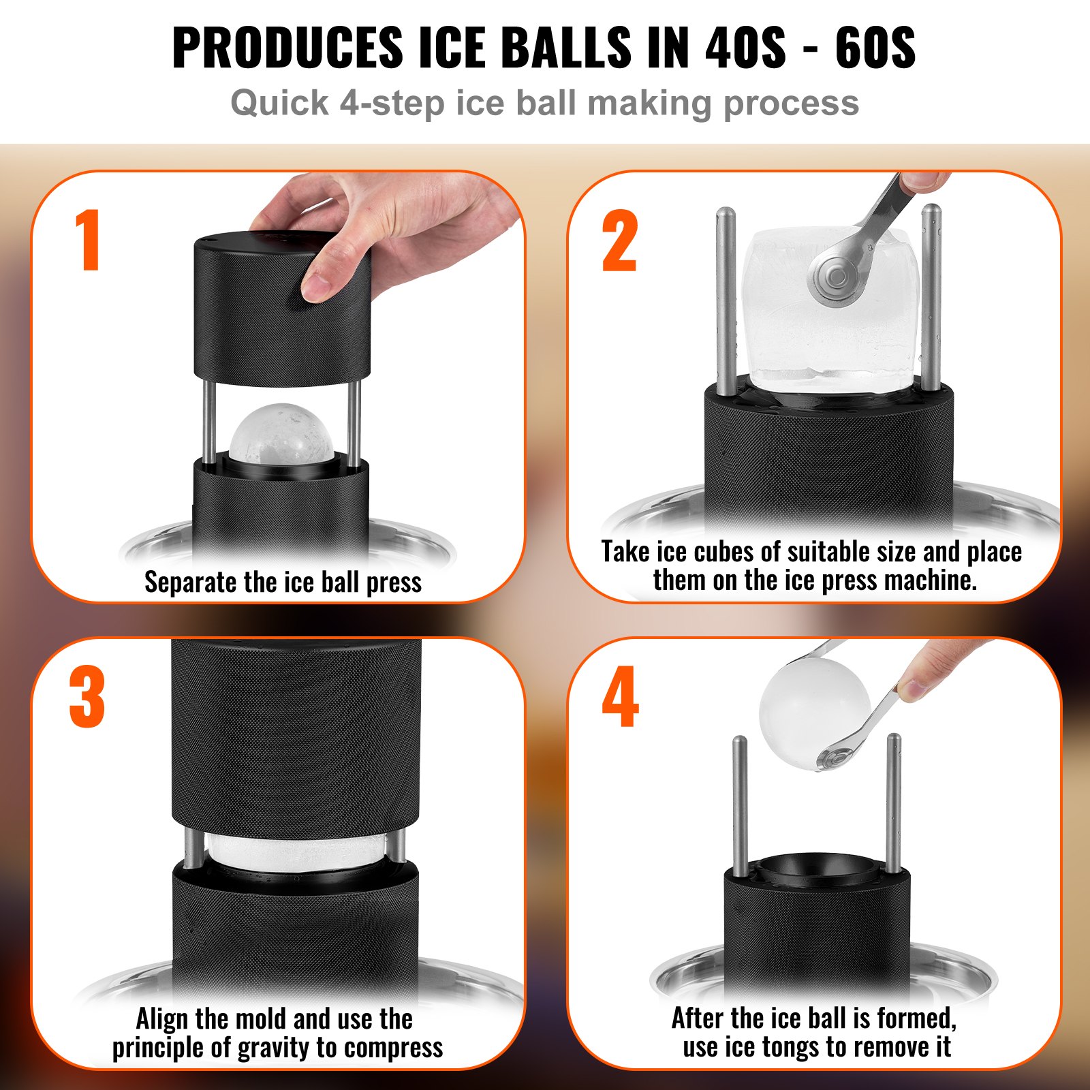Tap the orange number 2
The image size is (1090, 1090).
coord(619,241)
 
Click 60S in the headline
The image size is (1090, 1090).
coord(875,48)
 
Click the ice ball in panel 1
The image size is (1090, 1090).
coord(281,433)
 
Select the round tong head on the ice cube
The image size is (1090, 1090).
coord(835,276)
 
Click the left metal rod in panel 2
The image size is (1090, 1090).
coord(726,300)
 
